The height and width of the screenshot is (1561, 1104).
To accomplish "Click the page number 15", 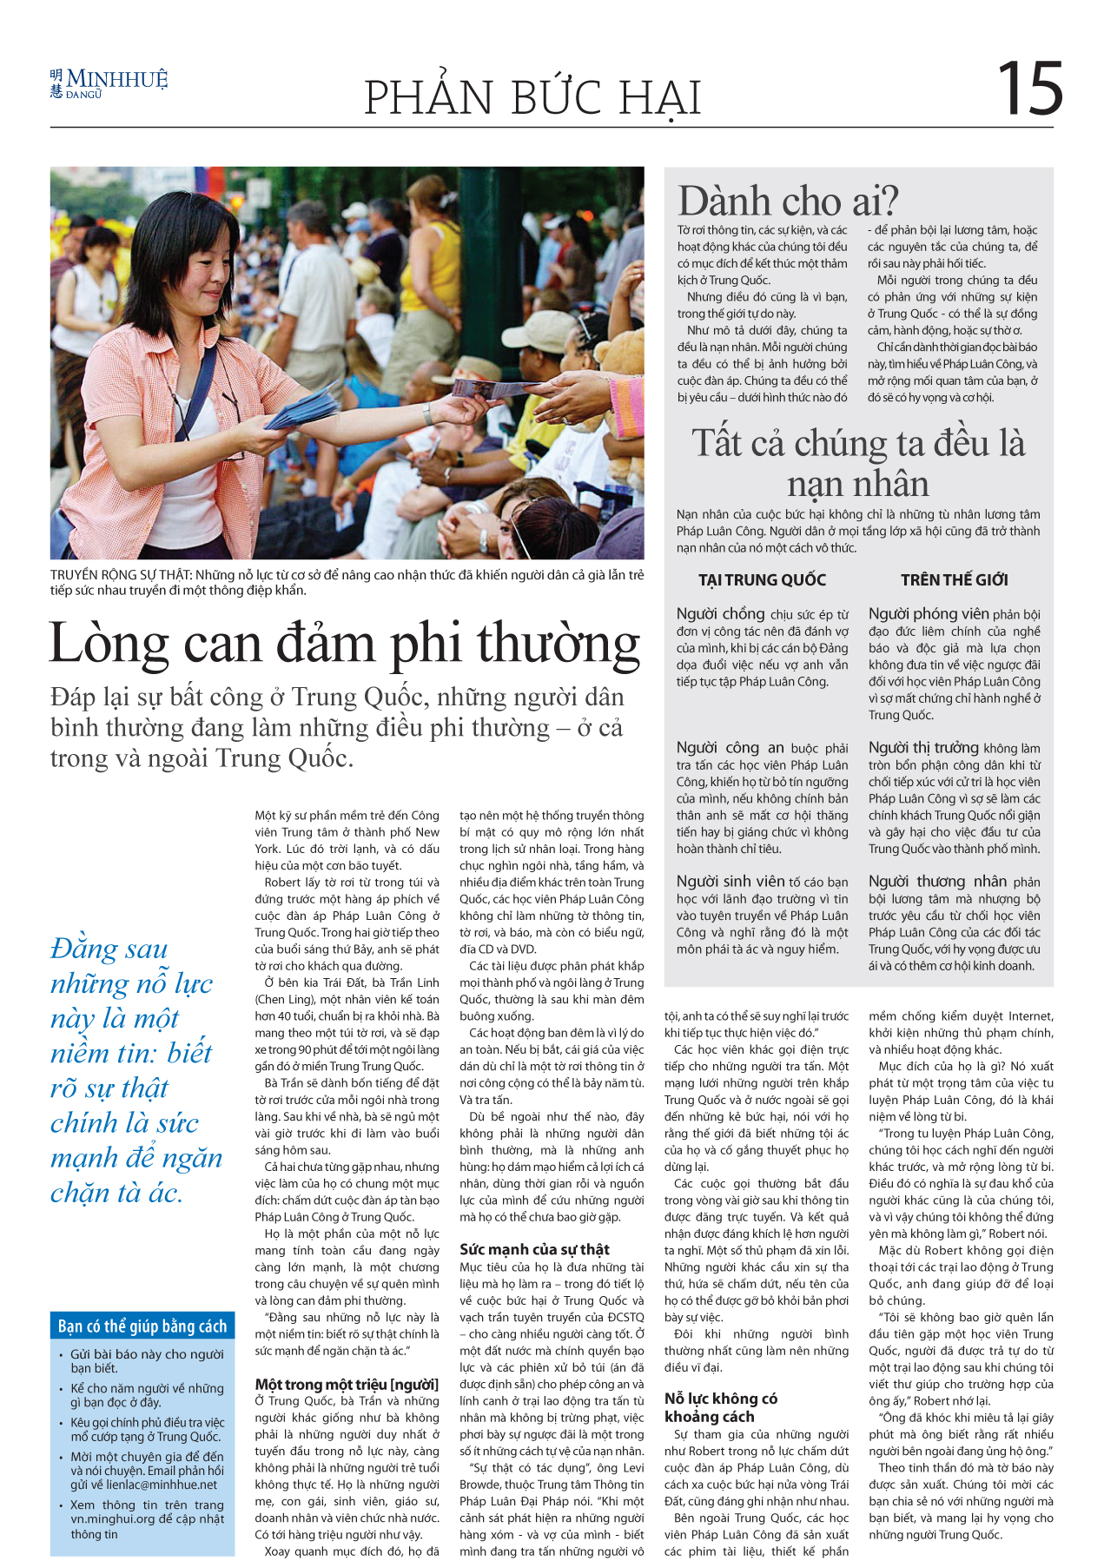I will point(1029,89).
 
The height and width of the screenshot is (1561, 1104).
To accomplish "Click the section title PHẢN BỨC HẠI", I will point(532,97).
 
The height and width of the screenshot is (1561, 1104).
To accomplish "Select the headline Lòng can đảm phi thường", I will point(345,644).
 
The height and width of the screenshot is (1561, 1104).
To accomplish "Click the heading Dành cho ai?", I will point(788,202).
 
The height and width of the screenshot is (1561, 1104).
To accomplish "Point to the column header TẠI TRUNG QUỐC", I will point(762,580).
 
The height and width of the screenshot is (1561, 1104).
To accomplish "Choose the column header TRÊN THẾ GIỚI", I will point(954,580).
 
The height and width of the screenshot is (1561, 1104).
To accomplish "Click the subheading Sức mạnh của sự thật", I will point(534,1249).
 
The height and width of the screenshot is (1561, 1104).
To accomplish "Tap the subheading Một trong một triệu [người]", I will point(347,1385).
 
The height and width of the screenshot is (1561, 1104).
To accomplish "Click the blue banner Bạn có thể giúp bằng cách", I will point(142,1326).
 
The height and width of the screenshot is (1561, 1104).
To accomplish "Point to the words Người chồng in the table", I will point(720,614).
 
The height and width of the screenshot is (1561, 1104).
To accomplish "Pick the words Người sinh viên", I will point(730,882).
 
